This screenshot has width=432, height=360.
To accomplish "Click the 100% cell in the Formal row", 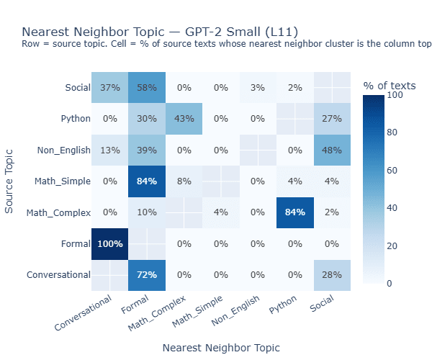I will pos(109,243).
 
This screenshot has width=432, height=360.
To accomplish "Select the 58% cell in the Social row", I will pos(147,88).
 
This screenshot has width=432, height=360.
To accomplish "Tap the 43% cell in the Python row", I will pos(184,119).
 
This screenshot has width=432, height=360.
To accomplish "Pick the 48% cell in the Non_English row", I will pos(332,150).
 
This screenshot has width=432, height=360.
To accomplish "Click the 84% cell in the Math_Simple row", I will pos(147,181).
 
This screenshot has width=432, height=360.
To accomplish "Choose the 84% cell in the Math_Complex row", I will pos(295,212).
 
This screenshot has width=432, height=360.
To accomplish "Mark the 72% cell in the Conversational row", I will pos(147,274).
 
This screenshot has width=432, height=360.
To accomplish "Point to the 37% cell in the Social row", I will pos(109,88).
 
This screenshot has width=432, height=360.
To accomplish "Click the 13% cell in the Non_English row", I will pos(109,150).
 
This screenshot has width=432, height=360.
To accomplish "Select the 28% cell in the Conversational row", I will pos(332,274).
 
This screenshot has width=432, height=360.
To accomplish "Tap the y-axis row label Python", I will pos(74,119).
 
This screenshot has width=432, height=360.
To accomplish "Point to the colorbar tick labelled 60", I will pos(394,170).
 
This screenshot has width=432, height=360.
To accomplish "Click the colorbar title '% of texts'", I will pos(390,86).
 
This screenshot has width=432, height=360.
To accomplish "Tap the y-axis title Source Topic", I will pos(10,180).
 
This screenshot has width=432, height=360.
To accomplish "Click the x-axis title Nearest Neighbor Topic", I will pos(221,347).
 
